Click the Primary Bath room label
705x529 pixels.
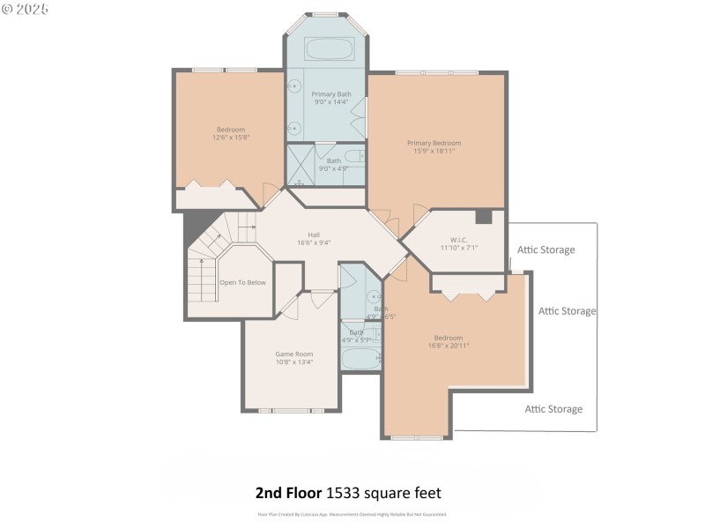pyautogui.click(x=331, y=93)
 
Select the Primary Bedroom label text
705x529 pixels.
pyautogui.click(x=434, y=143)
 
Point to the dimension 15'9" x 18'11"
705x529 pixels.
pyautogui.click(x=434, y=151)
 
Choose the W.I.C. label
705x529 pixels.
pyautogui.click(x=458, y=240)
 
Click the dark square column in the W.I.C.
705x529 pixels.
pyautogui.click(x=483, y=217)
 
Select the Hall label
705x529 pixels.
pyautogui.click(x=315, y=235)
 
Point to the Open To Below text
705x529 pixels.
pyautogui.click(x=243, y=283)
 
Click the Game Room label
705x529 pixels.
pyautogui.click(x=294, y=354)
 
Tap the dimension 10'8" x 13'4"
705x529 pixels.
pyautogui.click(x=294, y=361)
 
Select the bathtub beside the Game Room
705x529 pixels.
pyautogui.click(x=360, y=359)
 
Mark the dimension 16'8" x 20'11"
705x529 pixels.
pyautogui.click(x=448, y=346)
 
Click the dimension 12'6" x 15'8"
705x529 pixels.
pyautogui.click(x=231, y=138)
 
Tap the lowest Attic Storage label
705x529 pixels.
pyautogui.click(x=553, y=409)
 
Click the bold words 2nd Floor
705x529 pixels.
pyautogui.click(x=288, y=493)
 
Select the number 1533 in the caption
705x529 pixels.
pyautogui.click(x=346, y=493)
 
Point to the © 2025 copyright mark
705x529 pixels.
pyautogui.click(x=26, y=9)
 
